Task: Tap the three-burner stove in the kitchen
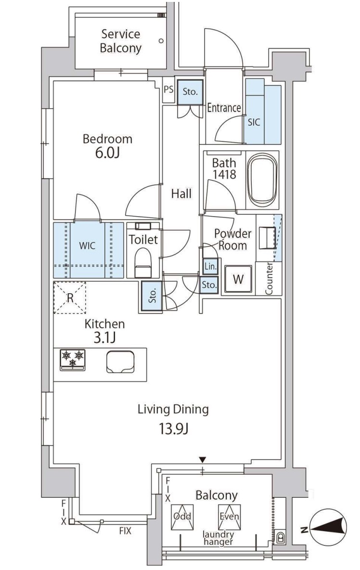pyautogui.click(x=73, y=360)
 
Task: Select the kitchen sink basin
pyautogui.click(x=120, y=362)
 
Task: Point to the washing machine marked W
pyautogui.click(x=238, y=279)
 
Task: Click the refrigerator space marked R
pyautogui.click(x=70, y=298)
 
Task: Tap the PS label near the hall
pyautogui.click(x=168, y=89)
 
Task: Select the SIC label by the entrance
pyautogui.click(x=254, y=122)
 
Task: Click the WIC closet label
pyautogui.click(x=87, y=246)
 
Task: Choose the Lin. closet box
pyautogui.click(x=210, y=266)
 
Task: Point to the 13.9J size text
pyautogui.click(x=173, y=430)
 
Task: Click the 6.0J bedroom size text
pyautogui.click(x=107, y=153)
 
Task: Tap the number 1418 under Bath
pyautogui.click(x=224, y=174)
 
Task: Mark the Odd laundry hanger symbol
pyautogui.click(x=182, y=516)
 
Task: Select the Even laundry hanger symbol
pyautogui.click(x=229, y=516)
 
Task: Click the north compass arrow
pyautogui.click(x=330, y=528)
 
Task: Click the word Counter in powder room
pyautogui.click(x=269, y=278)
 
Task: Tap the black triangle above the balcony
pyautogui.click(x=203, y=459)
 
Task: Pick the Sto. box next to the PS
pyautogui.click(x=190, y=92)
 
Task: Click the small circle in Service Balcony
pyautogui.click(x=161, y=41)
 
